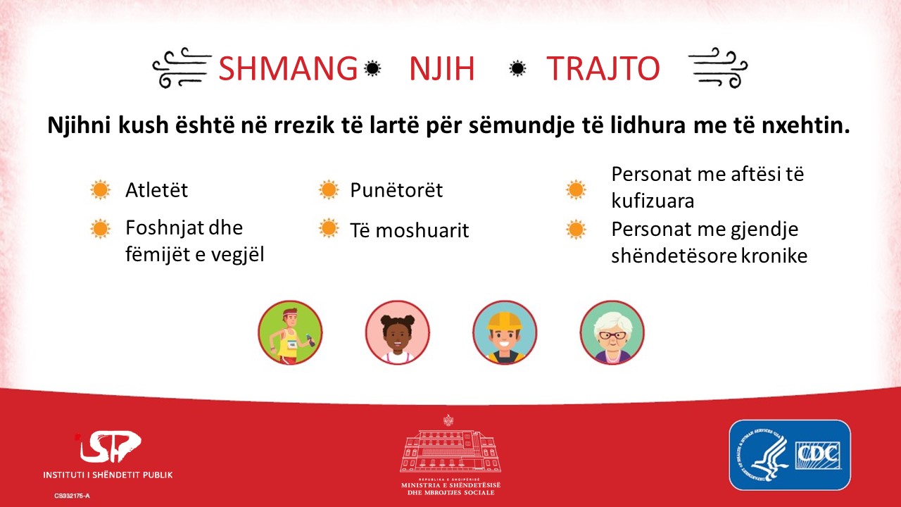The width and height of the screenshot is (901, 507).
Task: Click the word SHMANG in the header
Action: click(288, 68)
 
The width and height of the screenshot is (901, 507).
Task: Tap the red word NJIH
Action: click(442, 68)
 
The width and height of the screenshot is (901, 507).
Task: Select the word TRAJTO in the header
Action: click(603, 68)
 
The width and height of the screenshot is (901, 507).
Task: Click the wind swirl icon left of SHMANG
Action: click(182, 68)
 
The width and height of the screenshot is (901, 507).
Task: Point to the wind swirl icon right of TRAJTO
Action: click(718, 68)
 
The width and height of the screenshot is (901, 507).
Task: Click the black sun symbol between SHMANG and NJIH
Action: click(372, 68)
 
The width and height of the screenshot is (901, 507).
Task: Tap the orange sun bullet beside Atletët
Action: click(101, 189)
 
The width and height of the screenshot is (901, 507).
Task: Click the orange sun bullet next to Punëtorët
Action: click(329, 189)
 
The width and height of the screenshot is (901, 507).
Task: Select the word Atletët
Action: click(156, 190)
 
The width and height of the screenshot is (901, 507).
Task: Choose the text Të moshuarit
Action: click(410, 230)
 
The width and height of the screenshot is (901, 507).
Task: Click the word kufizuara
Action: click(653, 201)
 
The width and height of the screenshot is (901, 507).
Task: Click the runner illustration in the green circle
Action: click(290, 333)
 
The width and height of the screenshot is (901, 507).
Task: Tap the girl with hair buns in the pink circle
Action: click(398, 333)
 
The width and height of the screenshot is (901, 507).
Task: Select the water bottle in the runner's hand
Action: click(310, 340)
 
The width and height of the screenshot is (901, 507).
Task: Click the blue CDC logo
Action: click(790, 455)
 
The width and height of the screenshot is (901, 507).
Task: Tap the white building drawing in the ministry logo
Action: click(450, 451)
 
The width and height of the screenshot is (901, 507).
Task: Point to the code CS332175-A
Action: click(72, 496)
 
